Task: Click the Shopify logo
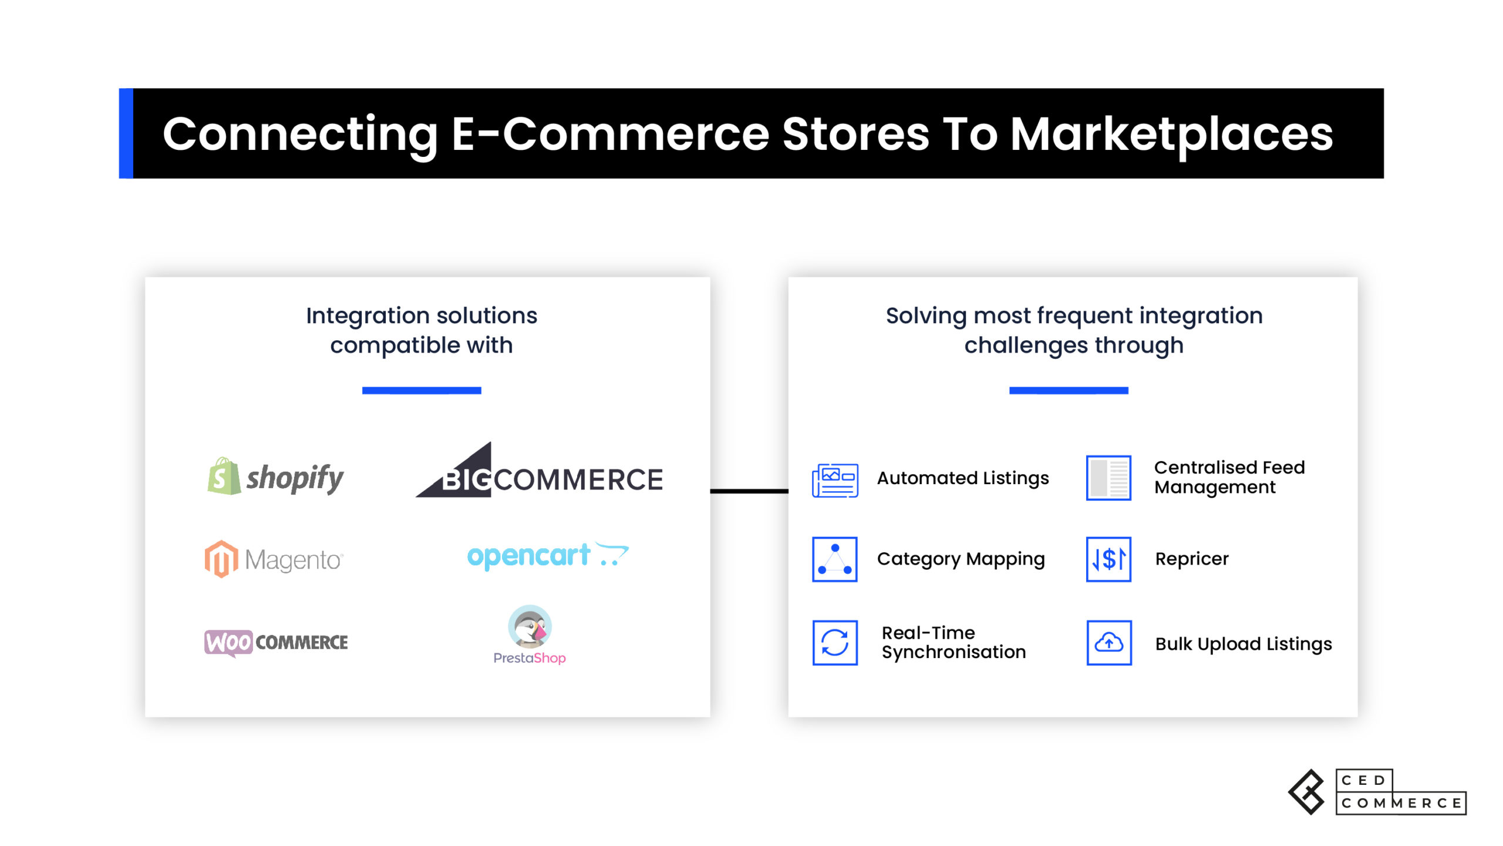point(275,476)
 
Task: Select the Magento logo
point(274,559)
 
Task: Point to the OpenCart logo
point(548,555)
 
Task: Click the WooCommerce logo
point(276,643)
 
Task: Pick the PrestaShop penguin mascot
point(530,626)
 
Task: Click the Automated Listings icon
point(835,480)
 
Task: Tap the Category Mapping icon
point(835,559)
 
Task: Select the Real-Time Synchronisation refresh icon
point(835,643)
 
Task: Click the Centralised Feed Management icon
point(1108,478)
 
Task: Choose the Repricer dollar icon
point(1108,559)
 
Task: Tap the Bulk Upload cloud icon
point(1109,643)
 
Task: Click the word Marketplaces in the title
point(1171,135)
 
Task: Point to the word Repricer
point(1192,559)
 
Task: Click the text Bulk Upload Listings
point(1243,644)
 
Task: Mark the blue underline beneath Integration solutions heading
point(422,391)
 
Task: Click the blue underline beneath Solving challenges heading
point(1069,391)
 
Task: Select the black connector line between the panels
point(749,491)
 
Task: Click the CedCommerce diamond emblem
point(1306,792)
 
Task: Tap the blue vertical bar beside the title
point(126,133)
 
